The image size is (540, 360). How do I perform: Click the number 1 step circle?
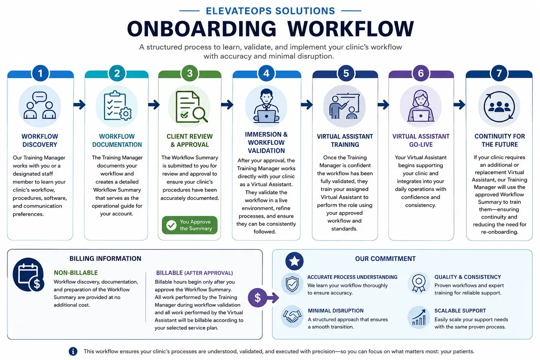[x=40, y=73]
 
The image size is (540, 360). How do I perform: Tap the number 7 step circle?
[x=499, y=73]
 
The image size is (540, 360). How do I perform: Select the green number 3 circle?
[x=190, y=73]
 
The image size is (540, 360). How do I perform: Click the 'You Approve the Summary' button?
[x=190, y=225]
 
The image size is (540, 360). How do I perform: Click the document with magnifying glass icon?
[x=191, y=107]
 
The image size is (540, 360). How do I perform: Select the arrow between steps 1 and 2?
[x=79, y=105]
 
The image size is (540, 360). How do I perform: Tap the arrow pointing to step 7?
[x=459, y=105]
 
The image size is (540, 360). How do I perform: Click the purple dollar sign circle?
[x=257, y=298]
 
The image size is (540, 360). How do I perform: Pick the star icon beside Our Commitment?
[x=294, y=261]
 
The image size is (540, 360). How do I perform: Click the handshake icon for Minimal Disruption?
[x=292, y=316]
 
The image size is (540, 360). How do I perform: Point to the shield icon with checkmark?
[x=292, y=284]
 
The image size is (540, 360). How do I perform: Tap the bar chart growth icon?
[x=419, y=318]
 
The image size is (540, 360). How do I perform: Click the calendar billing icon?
[x=28, y=275]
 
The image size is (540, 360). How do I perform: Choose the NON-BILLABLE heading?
[x=76, y=273]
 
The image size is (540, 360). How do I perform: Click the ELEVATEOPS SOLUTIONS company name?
[x=270, y=11]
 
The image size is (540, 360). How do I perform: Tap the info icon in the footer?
[x=73, y=351]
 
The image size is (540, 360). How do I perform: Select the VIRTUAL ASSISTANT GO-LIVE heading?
[x=421, y=140]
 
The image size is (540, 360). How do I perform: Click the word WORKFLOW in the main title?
[x=351, y=29]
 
